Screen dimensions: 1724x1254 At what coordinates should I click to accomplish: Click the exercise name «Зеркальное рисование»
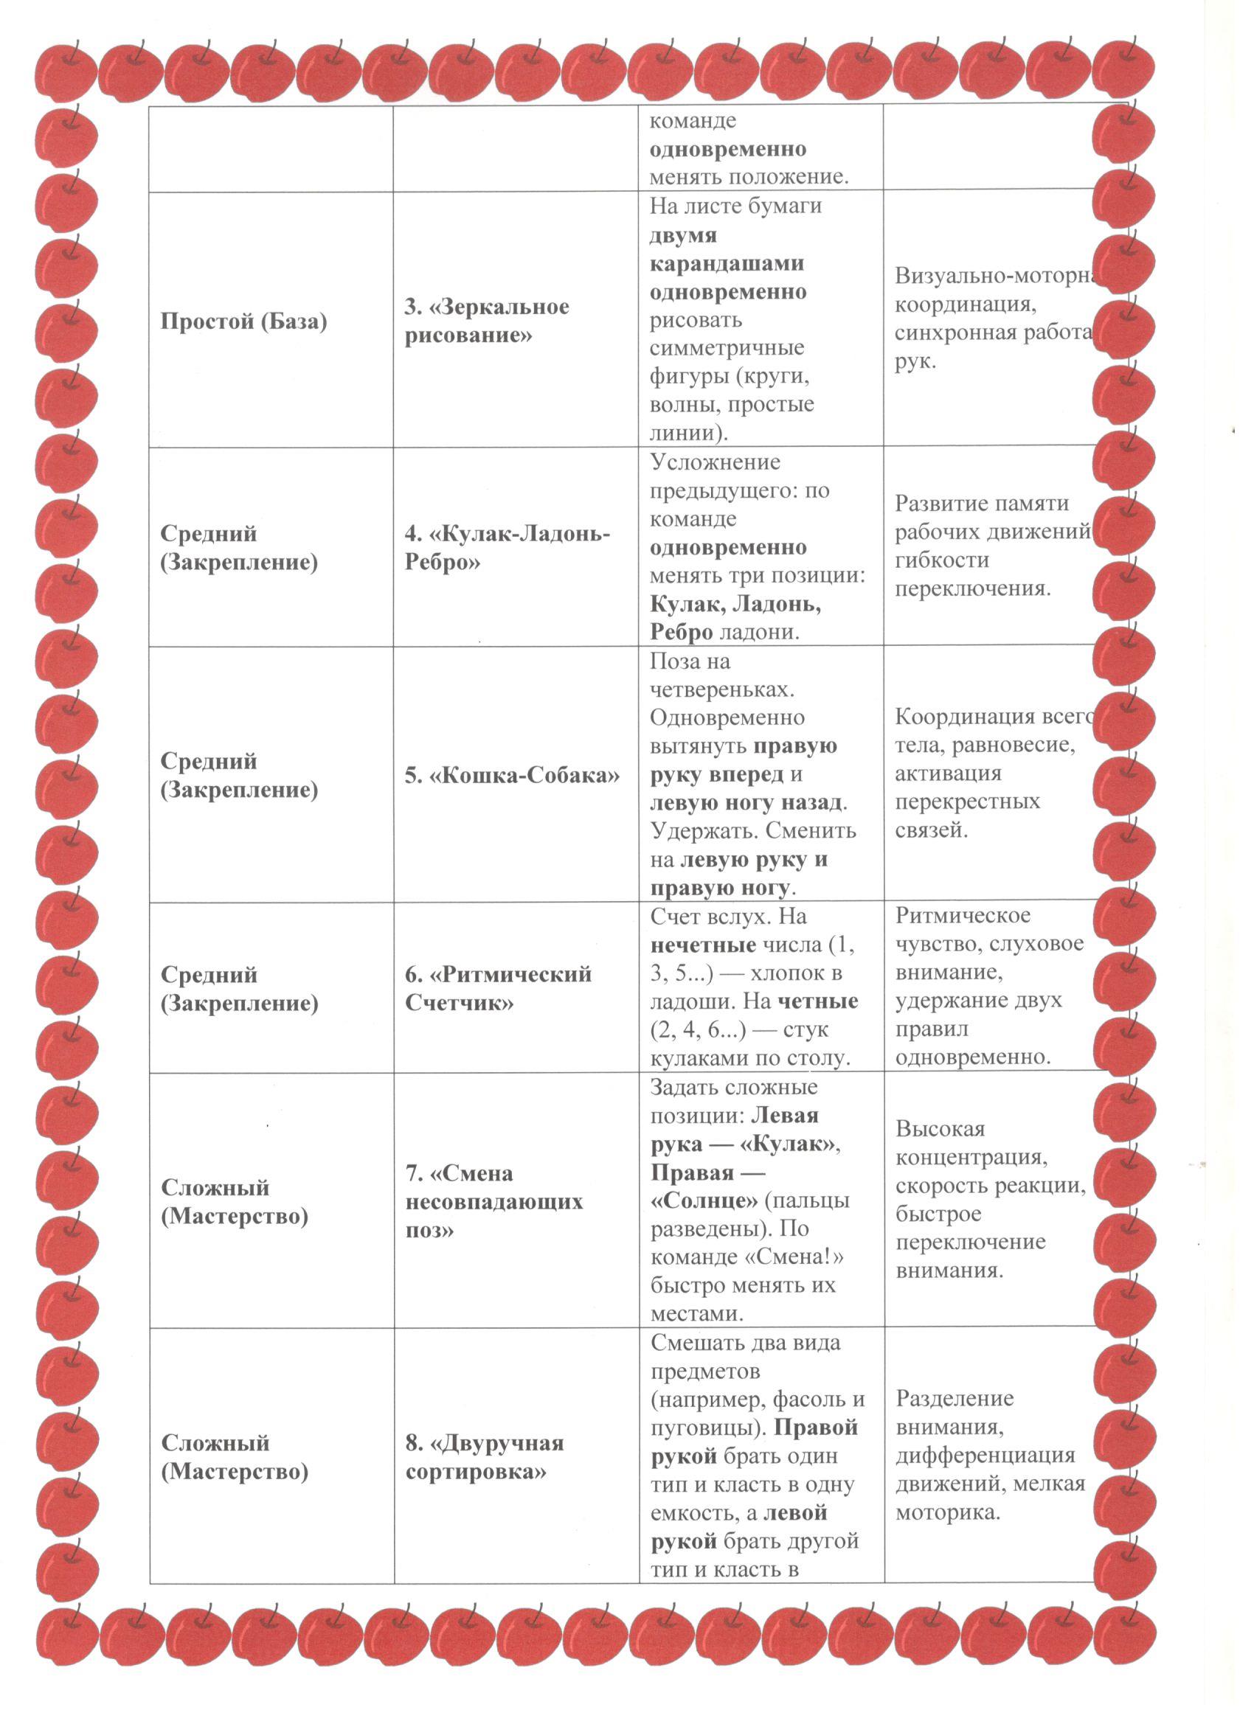486,321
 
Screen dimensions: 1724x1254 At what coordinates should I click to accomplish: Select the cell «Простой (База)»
243,321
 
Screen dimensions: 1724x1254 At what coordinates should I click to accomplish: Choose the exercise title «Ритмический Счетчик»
498,988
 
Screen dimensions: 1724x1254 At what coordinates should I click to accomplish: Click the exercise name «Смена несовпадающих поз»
494,1201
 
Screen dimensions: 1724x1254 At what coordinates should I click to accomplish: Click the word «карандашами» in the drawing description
727,263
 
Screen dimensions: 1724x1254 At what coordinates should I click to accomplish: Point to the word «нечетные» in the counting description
703,945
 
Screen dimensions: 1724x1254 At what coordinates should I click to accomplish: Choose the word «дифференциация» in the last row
985,1455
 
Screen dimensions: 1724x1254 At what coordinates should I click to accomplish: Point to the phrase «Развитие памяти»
981,503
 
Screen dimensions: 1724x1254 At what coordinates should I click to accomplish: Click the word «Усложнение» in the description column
716,462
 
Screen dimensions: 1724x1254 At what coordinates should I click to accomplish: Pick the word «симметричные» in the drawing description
727,347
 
